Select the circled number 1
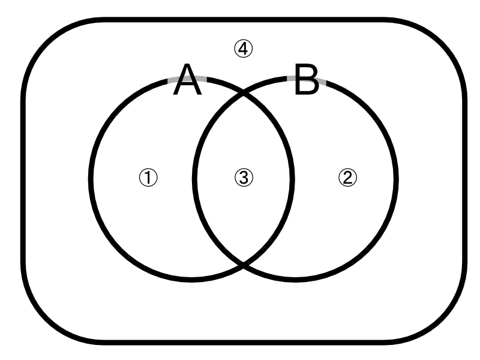(x=148, y=177)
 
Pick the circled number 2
(x=348, y=177)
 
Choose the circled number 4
(x=244, y=49)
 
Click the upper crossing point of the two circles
(x=243, y=92)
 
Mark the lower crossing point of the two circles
(x=243, y=263)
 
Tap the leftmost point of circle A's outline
(x=91, y=178)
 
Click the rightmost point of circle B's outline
(x=395, y=178)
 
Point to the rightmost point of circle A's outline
(x=292, y=178)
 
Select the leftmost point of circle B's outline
(x=194, y=178)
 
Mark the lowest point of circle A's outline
(x=191, y=279)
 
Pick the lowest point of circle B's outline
(x=295, y=279)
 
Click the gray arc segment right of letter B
(x=323, y=80)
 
